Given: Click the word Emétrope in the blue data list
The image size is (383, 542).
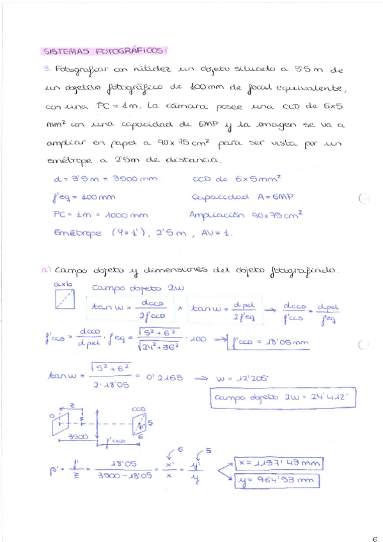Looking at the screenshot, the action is pos(77,233).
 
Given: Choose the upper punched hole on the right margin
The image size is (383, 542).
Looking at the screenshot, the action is pos(364,198).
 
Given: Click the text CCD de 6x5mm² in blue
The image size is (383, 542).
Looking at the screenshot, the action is pos(237,180).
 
